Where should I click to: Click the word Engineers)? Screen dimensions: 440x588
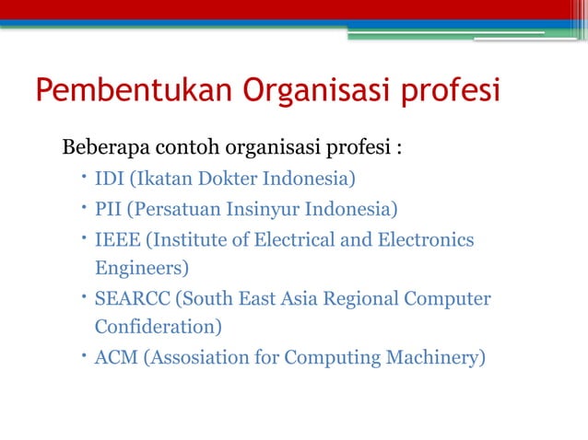[142, 269]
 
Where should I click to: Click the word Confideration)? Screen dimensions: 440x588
[158, 327]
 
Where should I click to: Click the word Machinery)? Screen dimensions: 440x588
[434, 357]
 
